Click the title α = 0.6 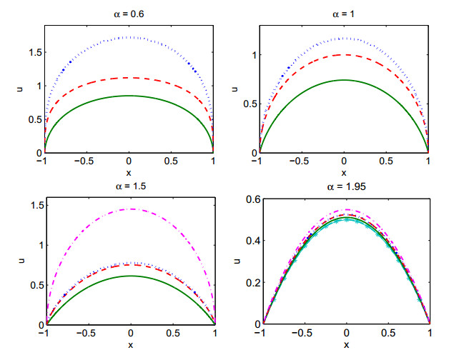(129, 14)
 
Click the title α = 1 (343, 14)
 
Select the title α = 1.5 (131, 186)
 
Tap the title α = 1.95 (346, 186)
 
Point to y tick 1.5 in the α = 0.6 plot (35, 53)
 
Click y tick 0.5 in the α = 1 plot (250, 104)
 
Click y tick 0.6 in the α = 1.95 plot (253, 199)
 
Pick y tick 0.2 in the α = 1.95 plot (253, 283)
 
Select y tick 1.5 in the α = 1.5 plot (37, 205)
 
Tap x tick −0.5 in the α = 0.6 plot (84, 161)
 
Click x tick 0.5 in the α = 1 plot (386, 161)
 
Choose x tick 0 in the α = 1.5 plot (131, 333)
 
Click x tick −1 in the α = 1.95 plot (260, 333)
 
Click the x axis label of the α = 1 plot (344, 173)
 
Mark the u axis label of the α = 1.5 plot (21, 261)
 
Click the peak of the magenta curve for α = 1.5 (131, 209)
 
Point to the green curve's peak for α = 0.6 (129, 96)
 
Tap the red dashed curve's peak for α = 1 (344, 55)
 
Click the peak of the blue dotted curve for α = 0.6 (129, 37)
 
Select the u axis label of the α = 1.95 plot (237, 261)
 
